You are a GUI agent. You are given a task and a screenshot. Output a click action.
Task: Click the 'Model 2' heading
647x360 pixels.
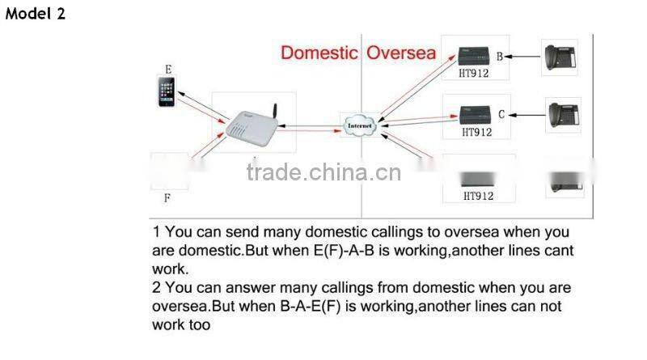36,15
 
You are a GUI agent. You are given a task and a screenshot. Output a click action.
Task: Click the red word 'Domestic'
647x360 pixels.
319,53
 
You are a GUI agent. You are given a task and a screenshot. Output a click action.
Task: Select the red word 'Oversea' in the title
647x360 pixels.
401,53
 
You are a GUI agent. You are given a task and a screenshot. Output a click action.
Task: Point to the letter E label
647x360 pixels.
168,70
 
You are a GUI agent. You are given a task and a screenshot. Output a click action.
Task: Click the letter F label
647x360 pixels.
167,197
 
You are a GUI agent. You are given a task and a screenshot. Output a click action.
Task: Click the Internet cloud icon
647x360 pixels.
360,126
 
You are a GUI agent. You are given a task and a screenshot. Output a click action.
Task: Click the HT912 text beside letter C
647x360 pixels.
476,131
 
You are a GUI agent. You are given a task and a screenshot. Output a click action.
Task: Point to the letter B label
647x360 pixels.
499,57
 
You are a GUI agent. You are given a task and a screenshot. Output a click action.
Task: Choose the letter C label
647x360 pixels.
501,114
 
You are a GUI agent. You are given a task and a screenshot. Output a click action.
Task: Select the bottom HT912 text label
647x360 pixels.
478,196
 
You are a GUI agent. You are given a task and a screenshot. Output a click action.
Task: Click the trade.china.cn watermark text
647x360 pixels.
323,172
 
